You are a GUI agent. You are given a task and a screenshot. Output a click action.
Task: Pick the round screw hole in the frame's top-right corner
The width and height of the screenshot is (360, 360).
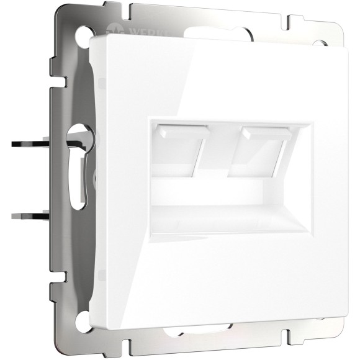[321, 44]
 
